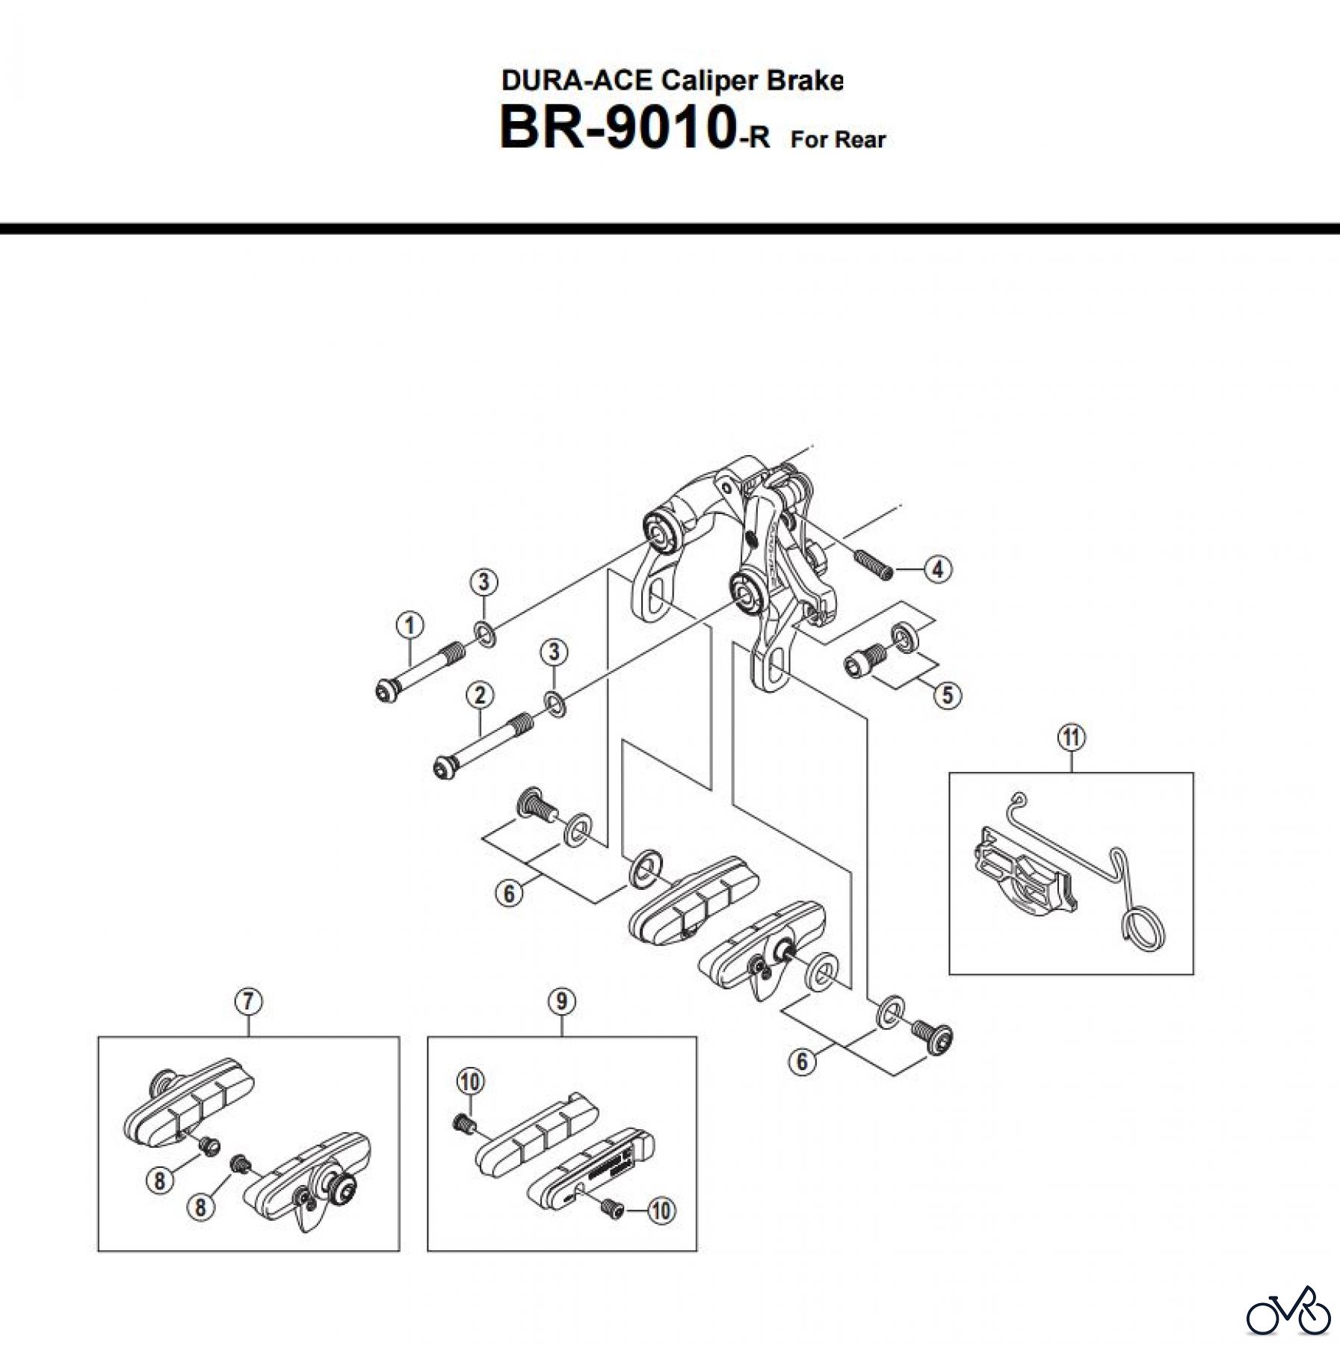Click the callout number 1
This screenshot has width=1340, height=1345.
click(409, 625)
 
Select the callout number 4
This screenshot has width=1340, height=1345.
click(937, 569)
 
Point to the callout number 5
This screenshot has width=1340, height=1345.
click(947, 695)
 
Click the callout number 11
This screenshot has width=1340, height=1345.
click(1071, 738)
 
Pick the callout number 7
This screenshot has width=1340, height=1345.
click(248, 1001)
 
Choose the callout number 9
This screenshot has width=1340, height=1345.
click(561, 1001)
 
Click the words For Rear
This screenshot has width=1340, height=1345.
click(838, 140)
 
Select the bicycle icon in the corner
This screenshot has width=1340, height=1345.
click(1288, 1312)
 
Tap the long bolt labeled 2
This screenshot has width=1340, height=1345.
click(482, 745)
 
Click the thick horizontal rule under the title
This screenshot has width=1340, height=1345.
click(670, 229)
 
